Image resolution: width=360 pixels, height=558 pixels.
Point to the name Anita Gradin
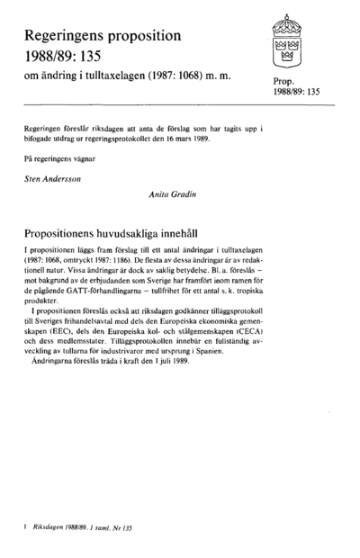172,193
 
